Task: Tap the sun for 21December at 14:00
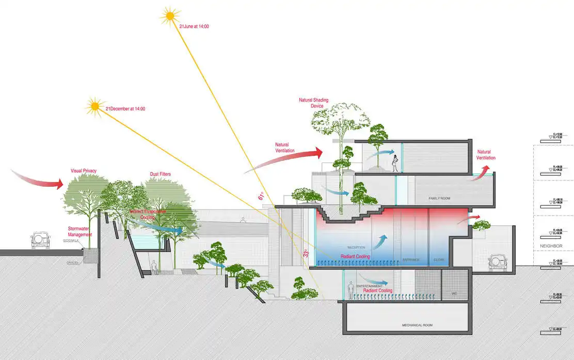95,106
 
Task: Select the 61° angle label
261,197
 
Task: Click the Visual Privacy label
84,171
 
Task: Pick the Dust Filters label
160,174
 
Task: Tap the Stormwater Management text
80,231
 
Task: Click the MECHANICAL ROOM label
417,325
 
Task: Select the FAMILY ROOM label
440,198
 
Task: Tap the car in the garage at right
498,261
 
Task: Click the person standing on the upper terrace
395,163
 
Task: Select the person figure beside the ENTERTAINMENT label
351,291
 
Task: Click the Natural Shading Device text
313,103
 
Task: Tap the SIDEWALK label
71,241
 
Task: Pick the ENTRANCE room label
411,259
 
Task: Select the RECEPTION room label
356,247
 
